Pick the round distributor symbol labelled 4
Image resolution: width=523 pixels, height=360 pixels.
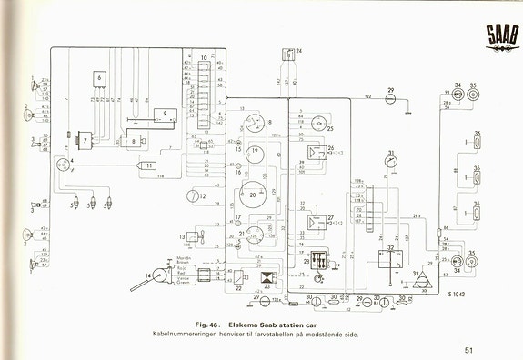(x=63, y=164)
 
